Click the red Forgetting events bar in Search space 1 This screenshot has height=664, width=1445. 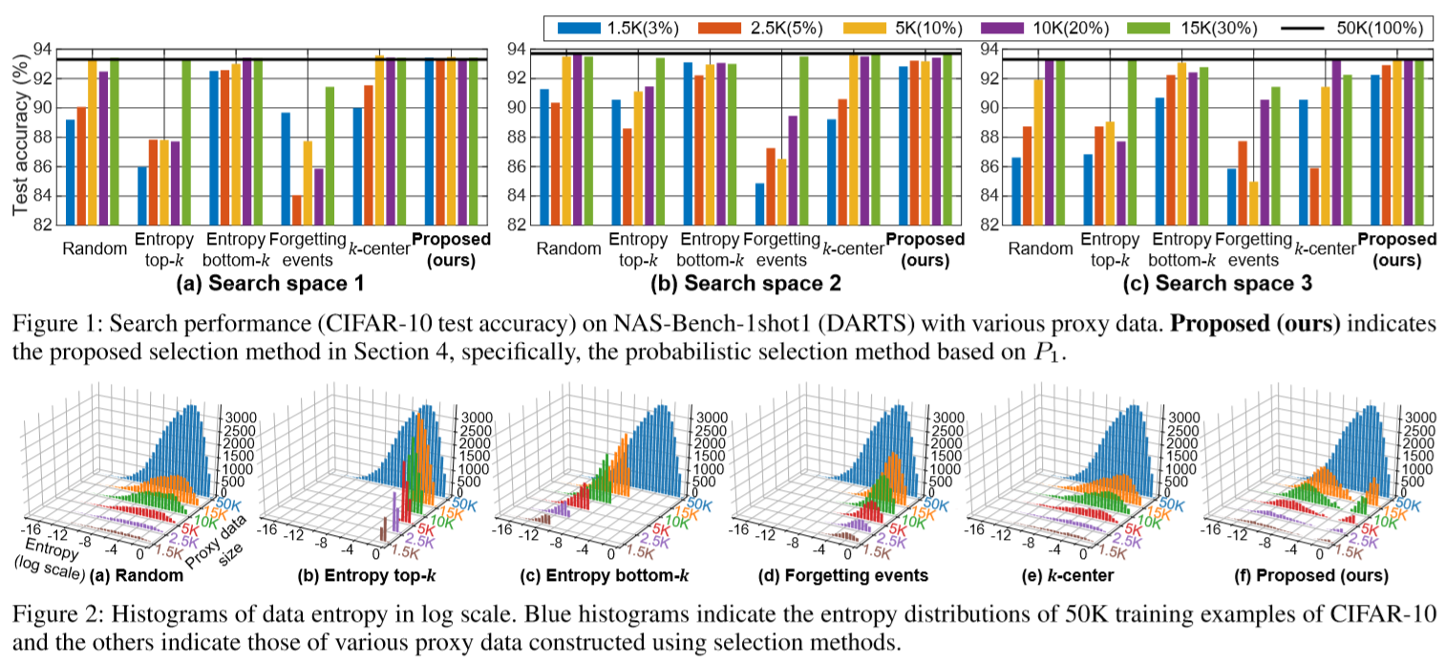pos(297,210)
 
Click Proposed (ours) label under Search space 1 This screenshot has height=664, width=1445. pos(451,246)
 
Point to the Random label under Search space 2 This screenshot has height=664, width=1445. pos(568,248)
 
